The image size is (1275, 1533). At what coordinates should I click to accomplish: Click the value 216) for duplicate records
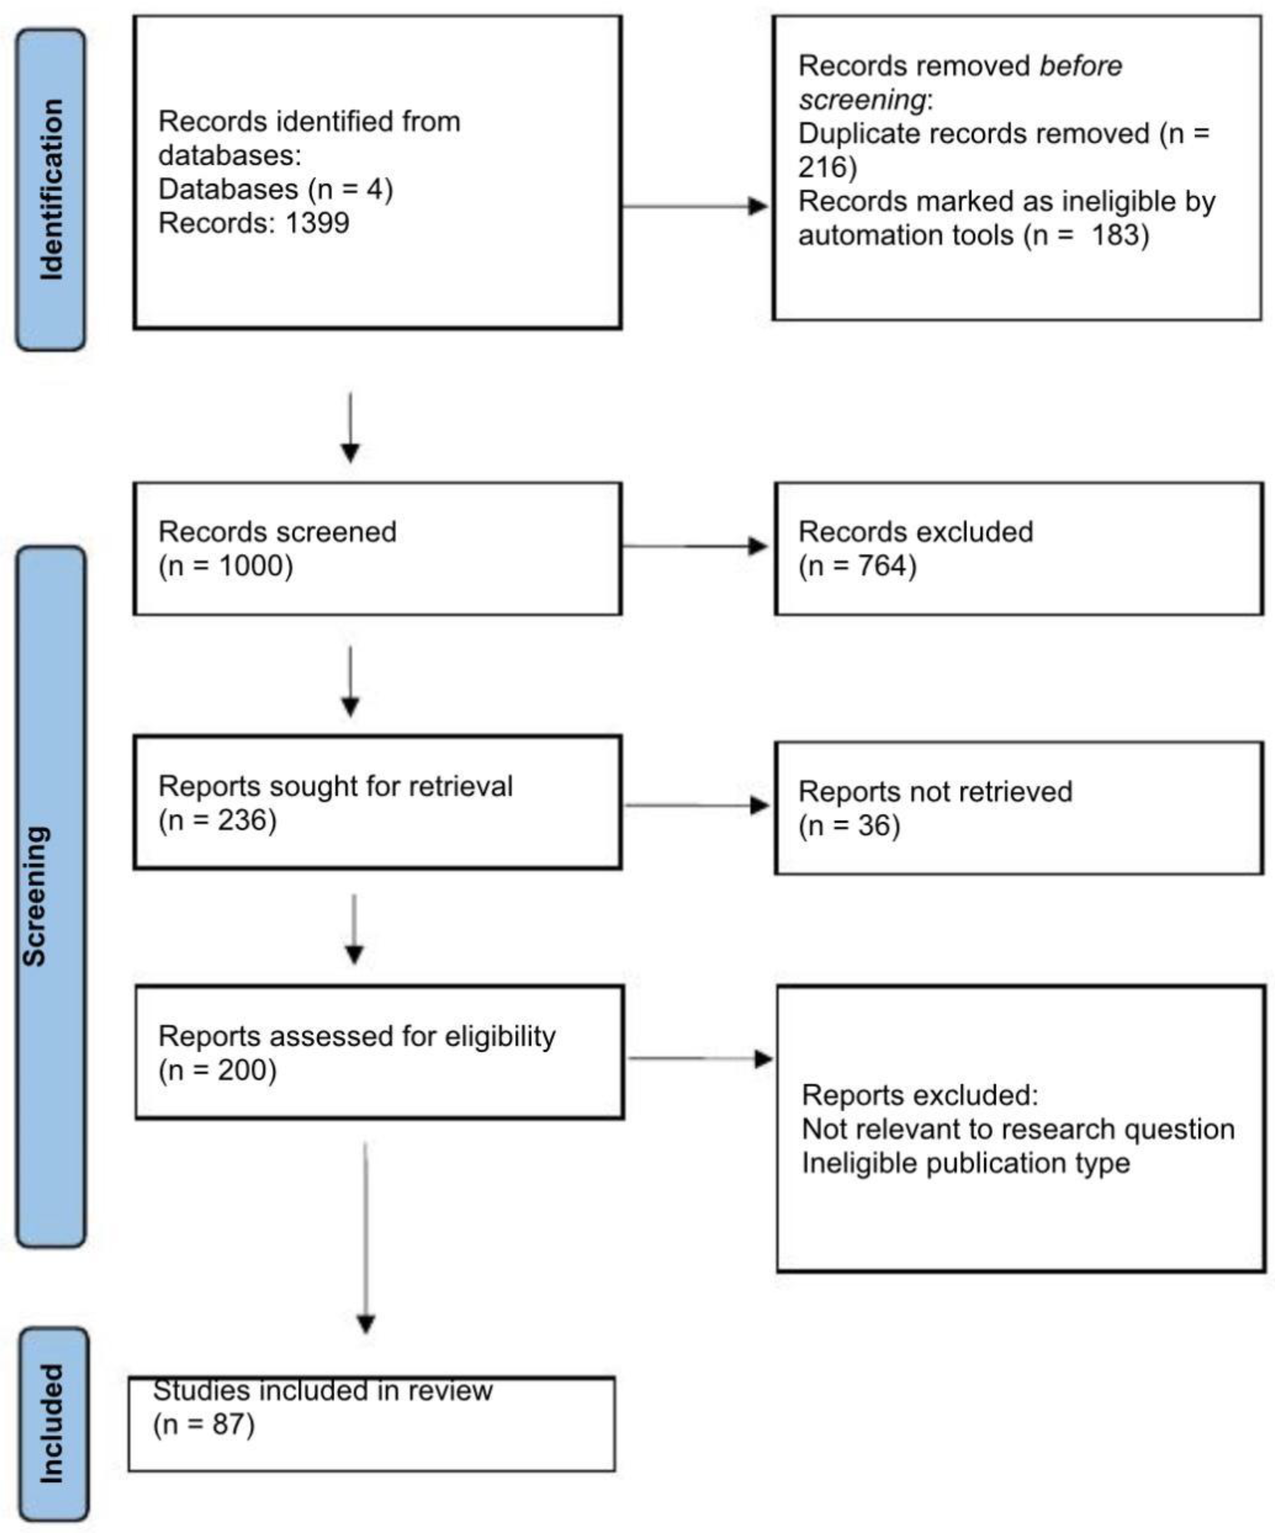point(827,167)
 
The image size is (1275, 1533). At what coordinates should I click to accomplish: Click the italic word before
point(1080,66)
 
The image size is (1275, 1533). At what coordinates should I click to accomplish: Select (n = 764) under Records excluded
point(858,566)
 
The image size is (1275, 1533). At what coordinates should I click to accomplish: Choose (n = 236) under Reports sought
point(218,820)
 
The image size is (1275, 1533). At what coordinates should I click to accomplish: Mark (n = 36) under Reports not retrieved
point(849,826)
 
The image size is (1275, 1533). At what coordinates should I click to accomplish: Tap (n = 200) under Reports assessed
point(218,1070)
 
